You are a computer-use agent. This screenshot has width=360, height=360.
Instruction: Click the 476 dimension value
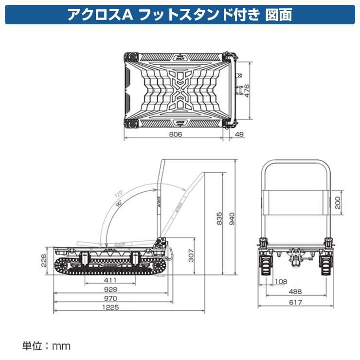click(247, 90)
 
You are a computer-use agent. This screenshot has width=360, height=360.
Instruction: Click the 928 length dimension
click(110, 289)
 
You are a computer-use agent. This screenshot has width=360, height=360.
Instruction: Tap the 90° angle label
click(120, 204)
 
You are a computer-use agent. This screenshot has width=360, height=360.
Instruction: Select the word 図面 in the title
click(279, 15)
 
